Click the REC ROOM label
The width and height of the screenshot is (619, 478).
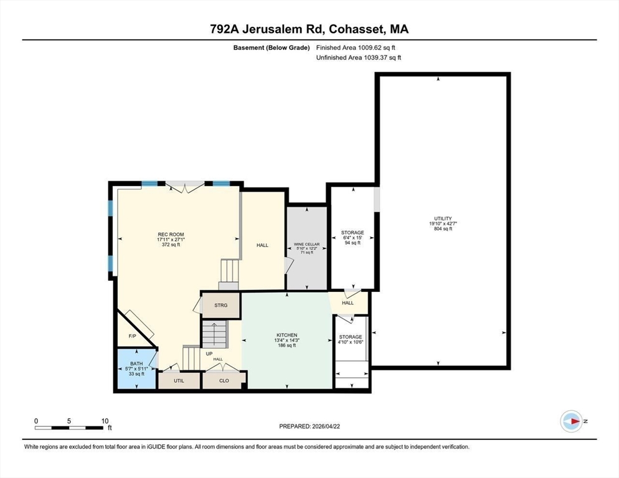click(171, 235)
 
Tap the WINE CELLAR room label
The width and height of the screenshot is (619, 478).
click(307, 245)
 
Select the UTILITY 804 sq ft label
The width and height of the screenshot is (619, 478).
click(443, 223)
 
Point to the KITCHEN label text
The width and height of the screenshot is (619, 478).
click(287, 335)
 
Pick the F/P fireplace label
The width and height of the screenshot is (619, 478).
click(132, 336)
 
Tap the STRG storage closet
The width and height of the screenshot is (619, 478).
click(221, 305)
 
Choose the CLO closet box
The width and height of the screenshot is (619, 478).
click(224, 380)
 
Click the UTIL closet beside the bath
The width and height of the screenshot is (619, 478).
click(179, 380)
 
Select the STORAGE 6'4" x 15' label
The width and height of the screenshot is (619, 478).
click(352, 238)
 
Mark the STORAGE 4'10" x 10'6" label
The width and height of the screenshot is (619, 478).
click(351, 339)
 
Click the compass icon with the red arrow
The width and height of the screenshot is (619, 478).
click(571, 421)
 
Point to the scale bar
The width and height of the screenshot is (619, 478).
click(69, 428)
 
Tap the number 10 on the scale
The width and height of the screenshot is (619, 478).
click(105, 421)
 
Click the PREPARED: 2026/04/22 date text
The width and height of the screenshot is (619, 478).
click(309, 426)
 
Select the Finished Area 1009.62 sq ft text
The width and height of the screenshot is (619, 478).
click(356, 48)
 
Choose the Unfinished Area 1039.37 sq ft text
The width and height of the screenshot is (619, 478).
click(359, 58)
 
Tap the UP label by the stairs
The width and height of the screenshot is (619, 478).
click(209, 354)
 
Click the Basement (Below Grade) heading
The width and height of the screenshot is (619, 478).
click(272, 48)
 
